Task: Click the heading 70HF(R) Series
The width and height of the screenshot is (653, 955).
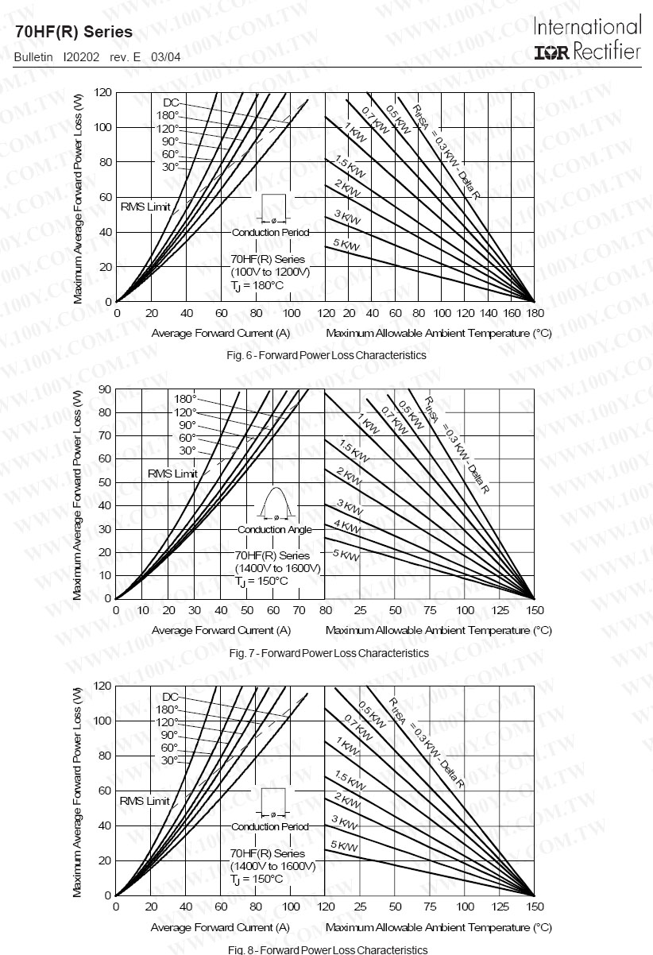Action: [x=74, y=33]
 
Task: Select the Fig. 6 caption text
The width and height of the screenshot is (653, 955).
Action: [x=326, y=355]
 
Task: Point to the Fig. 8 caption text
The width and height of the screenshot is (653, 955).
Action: [x=327, y=949]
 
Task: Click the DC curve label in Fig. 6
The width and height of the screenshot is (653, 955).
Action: [x=171, y=102]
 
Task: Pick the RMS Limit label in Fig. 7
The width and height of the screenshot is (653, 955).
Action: [x=172, y=474]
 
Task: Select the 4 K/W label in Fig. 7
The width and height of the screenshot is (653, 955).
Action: [x=348, y=525]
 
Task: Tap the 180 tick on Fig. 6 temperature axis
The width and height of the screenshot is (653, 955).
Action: [x=535, y=314]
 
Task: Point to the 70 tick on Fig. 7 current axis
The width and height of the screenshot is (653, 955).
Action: [x=299, y=611]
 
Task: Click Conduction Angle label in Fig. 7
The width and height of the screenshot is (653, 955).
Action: [x=274, y=529]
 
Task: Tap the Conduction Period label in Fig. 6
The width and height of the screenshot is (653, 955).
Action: [x=270, y=233]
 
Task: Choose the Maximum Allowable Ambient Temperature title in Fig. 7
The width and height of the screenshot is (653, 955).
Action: [x=439, y=630]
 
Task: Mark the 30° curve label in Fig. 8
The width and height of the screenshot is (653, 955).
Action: [x=170, y=760]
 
